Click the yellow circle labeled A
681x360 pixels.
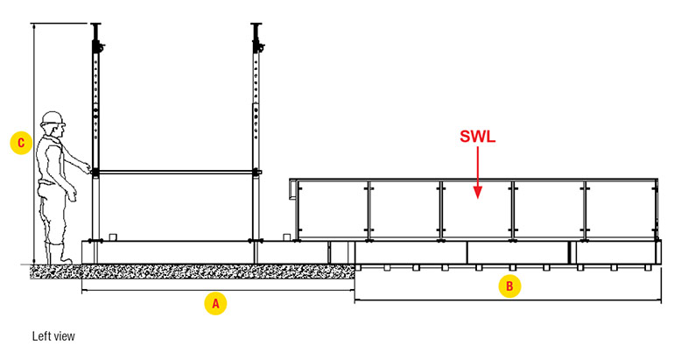214,303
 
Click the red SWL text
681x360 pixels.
477,137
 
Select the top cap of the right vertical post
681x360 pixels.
256,26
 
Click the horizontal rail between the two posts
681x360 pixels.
176,171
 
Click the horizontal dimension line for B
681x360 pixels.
420,300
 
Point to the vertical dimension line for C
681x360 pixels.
33,88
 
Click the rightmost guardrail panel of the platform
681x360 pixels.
620,210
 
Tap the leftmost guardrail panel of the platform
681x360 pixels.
333,210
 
